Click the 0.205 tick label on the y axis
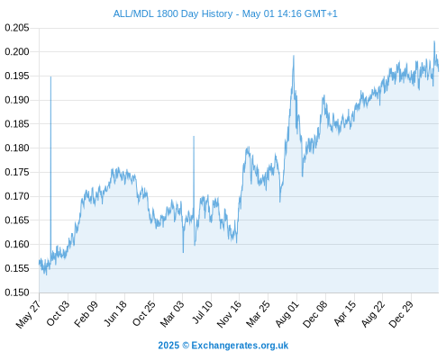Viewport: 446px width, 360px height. [x=17, y=28]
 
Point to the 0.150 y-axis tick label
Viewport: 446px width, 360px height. [x=17, y=292]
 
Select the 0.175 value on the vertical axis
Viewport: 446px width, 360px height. [x=17, y=172]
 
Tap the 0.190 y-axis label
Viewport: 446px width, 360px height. [x=17, y=100]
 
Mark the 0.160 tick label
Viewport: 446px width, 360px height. [x=17, y=244]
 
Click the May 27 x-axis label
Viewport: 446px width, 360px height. [x=28, y=314]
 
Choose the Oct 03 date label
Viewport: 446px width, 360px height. [x=58, y=313]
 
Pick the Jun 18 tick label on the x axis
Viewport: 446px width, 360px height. [x=115, y=313]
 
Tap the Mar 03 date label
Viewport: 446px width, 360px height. [x=172, y=313]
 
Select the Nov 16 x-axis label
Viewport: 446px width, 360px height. [x=229, y=313]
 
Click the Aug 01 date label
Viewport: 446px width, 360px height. [x=287, y=313]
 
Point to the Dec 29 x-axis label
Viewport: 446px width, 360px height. [x=401, y=314]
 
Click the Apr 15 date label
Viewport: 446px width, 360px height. [x=345, y=313]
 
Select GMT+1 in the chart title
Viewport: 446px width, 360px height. [x=321, y=13]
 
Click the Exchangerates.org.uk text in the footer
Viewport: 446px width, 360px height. [x=240, y=346]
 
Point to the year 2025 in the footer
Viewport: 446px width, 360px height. [x=168, y=346]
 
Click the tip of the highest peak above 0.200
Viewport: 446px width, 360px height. [x=434, y=41]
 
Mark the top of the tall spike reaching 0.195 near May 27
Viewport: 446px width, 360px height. [x=50, y=76]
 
